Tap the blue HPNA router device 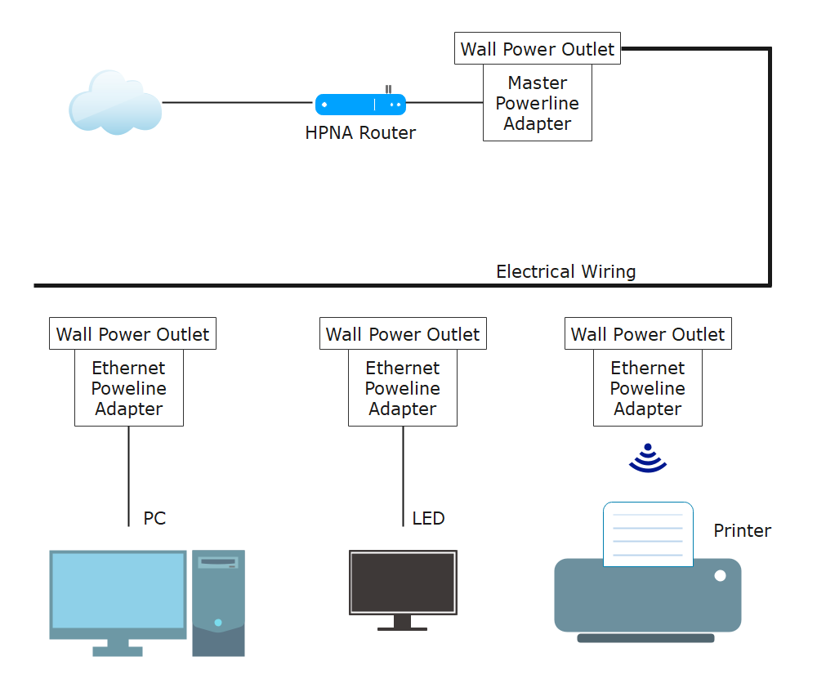pos(360,104)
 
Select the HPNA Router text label pos(360,132)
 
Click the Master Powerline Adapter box pos(537,103)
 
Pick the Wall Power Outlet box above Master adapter pos(537,49)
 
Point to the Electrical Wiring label pos(565,271)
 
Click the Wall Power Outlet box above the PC pos(132,334)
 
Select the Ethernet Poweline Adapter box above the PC pos(128,388)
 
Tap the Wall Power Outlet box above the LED pos(403,334)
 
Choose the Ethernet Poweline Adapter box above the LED pos(402,388)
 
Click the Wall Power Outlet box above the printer pos(648,334)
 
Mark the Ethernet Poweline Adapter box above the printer pos(647,388)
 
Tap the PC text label pos(154,518)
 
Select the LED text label pos(428,518)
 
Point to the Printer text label pos(742,531)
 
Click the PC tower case pos(218,603)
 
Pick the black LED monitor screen pos(403,582)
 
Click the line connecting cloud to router pos(237,102)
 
